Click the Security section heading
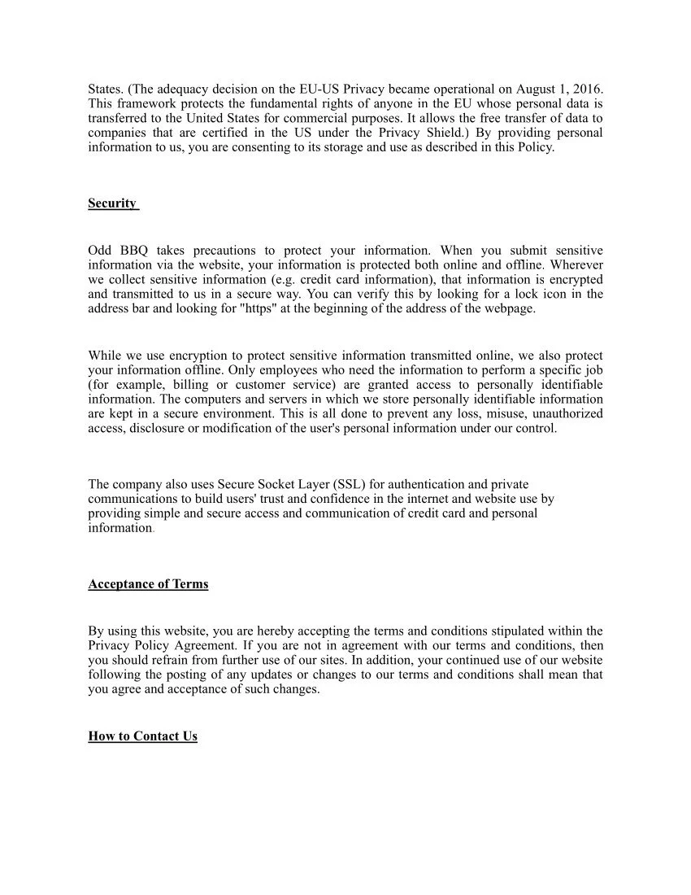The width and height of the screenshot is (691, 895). pos(112,203)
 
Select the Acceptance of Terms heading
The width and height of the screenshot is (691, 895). pos(148,584)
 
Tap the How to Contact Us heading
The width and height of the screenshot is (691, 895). pos(142,736)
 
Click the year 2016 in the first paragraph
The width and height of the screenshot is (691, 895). pos(587,89)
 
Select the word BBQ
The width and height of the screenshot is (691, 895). pos(133,251)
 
